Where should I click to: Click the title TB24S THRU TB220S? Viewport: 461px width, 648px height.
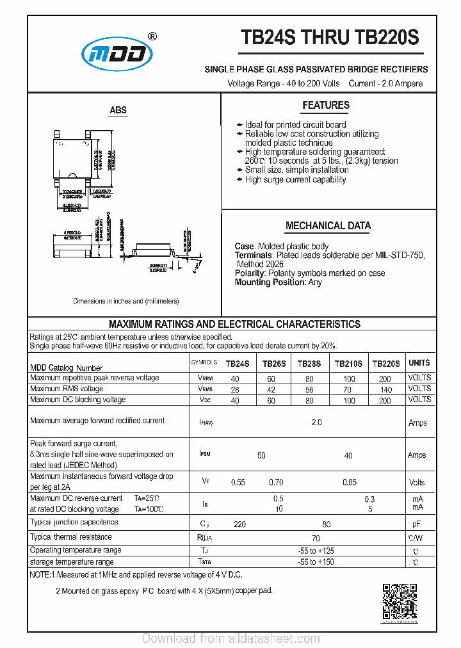point(330,38)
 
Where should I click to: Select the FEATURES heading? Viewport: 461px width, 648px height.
point(326,106)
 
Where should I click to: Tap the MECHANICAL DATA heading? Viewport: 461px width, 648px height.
point(328,226)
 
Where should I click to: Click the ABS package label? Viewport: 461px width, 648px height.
point(118,111)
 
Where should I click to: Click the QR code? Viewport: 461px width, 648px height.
point(400,602)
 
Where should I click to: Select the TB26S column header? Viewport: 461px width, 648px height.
point(274,364)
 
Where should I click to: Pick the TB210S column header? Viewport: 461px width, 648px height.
point(348,364)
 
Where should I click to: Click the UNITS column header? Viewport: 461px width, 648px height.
point(419,363)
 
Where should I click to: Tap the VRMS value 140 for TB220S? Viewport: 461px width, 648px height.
point(385,389)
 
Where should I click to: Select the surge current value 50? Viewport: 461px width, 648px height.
point(261,455)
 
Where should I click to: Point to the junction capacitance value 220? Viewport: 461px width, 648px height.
point(239,524)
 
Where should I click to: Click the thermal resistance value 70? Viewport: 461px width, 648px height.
point(316,539)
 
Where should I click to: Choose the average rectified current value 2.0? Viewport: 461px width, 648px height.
point(316,423)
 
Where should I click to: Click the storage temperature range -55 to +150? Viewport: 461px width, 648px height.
point(316,562)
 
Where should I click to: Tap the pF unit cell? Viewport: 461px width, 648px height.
point(417,524)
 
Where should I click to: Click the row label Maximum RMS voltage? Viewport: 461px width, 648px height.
point(67,389)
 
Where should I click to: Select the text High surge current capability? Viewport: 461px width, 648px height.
point(295,180)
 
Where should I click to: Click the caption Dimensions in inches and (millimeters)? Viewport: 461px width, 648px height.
point(126,301)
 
